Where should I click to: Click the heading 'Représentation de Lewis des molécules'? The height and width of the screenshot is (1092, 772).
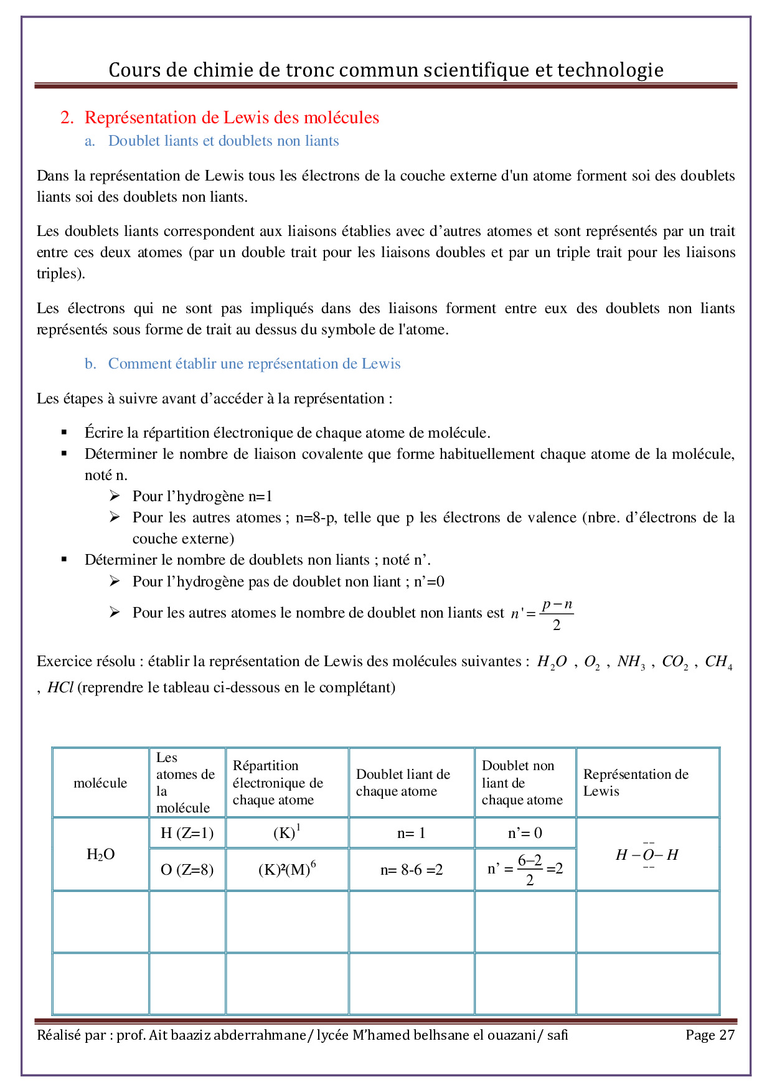[232, 118]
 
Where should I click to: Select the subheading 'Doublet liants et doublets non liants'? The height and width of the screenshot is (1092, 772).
[224, 141]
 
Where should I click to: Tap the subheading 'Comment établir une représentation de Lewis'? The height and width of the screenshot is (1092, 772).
[254, 364]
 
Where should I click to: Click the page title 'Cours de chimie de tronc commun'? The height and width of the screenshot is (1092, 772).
[386, 70]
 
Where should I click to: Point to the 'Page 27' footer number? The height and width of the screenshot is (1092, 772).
[710, 1035]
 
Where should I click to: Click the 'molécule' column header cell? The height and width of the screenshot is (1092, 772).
[100, 783]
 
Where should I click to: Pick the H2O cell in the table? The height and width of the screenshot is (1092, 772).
[100, 854]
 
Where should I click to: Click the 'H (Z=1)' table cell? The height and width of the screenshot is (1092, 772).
[187, 833]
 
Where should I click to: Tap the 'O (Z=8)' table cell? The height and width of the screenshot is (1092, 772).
[187, 870]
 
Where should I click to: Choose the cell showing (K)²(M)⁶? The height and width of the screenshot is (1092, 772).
[287, 869]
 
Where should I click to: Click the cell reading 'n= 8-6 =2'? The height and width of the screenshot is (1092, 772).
[412, 870]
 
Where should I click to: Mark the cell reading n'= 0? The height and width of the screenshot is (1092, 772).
[525, 833]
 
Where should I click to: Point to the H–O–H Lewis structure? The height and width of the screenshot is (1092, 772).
[647, 855]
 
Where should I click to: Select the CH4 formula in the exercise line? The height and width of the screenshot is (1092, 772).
[718, 662]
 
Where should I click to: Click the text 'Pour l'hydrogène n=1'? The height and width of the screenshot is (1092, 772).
[202, 496]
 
